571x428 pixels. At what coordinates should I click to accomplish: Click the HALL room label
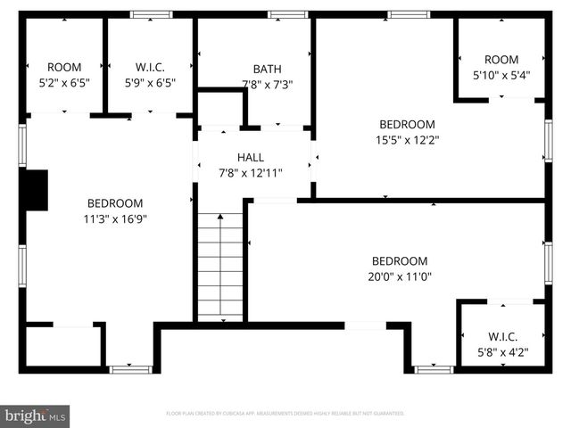[x=250, y=157]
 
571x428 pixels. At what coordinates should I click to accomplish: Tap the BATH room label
[x=267, y=69]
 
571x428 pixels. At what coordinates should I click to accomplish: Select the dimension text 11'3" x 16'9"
[x=115, y=218]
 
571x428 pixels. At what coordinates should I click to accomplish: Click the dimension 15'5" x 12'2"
[x=407, y=139]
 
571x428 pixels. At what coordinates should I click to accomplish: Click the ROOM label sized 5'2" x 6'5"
[x=64, y=67]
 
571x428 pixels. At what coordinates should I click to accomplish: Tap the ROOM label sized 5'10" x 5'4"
[x=501, y=60]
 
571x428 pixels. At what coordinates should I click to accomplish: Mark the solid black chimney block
[x=34, y=190]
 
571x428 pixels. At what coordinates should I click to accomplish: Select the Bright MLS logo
[x=36, y=416]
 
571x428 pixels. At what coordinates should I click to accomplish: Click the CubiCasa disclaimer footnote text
[x=285, y=414]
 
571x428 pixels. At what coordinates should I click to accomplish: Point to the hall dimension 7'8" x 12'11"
[x=251, y=172]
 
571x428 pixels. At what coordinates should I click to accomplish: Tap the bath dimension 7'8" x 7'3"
[x=267, y=85]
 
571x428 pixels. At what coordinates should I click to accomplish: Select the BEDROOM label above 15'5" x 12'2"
[x=407, y=124]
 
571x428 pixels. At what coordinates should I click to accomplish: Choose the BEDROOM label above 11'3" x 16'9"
[x=115, y=202]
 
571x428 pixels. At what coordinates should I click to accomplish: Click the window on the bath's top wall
[x=287, y=14]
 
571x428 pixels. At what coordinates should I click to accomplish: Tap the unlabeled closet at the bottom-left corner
[x=61, y=346]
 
